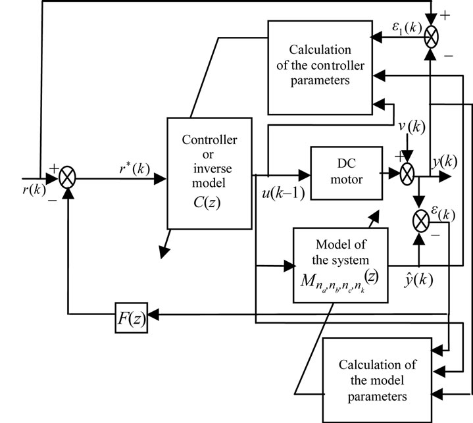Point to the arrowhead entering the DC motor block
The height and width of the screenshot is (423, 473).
[305, 175]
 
